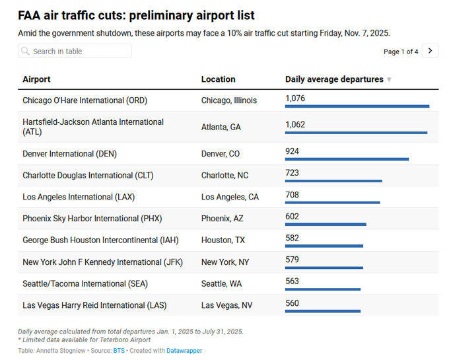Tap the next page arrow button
click(431, 51)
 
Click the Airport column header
click(36, 79)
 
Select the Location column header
click(218, 79)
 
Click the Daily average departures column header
click(335, 79)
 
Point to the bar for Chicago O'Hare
click(357, 106)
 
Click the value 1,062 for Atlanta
click(295, 124)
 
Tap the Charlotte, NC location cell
click(224, 176)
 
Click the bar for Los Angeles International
click(332, 203)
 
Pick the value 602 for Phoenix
click(292, 217)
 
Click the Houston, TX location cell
click(223, 240)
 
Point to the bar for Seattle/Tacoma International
click(322, 289)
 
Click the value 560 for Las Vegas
click(292, 303)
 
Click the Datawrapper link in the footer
click(184, 351)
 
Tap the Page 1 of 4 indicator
click(401, 52)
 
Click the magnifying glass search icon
click(25, 51)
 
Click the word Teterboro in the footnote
click(119, 340)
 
